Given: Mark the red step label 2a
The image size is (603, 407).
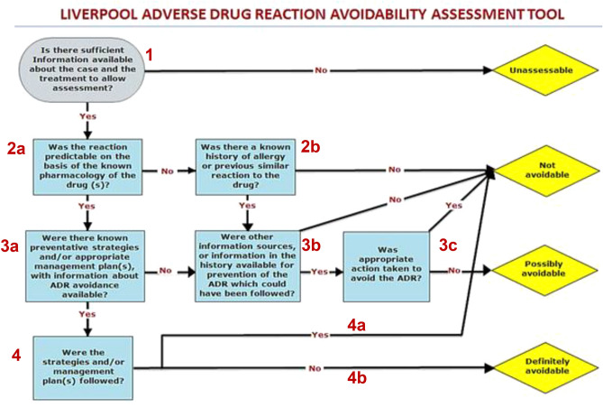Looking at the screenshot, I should click(17, 147).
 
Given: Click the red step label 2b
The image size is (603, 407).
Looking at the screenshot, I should click(308, 147).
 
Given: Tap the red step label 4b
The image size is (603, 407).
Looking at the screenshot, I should click(359, 380).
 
